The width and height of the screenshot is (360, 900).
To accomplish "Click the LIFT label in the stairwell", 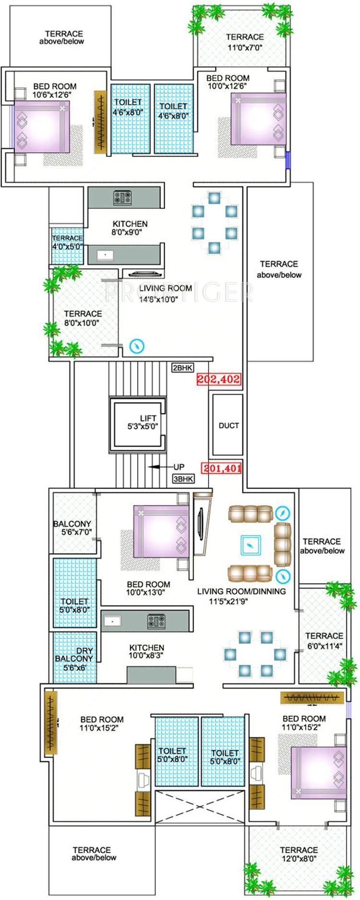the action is (x=148, y=418).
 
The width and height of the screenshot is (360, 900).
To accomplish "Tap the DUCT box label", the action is (x=228, y=426).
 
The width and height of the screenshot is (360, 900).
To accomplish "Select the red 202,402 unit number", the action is (x=218, y=379).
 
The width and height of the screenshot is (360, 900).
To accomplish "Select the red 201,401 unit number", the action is (x=221, y=468).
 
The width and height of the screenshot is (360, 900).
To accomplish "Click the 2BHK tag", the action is (x=182, y=368).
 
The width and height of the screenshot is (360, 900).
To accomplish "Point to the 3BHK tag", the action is (x=183, y=479).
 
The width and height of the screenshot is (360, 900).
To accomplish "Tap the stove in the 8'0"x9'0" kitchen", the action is (x=123, y=197).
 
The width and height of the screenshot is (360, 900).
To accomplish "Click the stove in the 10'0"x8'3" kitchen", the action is (x=156, y=622).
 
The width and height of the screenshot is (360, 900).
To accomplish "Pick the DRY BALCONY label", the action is (x=74, y=655).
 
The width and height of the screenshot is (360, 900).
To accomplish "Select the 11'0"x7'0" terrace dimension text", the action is (x=245, y=47).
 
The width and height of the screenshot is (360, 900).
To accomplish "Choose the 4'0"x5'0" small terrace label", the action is (x=67, y=247).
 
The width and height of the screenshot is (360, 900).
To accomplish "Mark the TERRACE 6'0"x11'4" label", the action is (x=324, y=640).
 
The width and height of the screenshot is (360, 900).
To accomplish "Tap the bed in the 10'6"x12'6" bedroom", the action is (x=42, y=127).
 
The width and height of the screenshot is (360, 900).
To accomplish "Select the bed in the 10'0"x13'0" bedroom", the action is (x=161, y=531).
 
